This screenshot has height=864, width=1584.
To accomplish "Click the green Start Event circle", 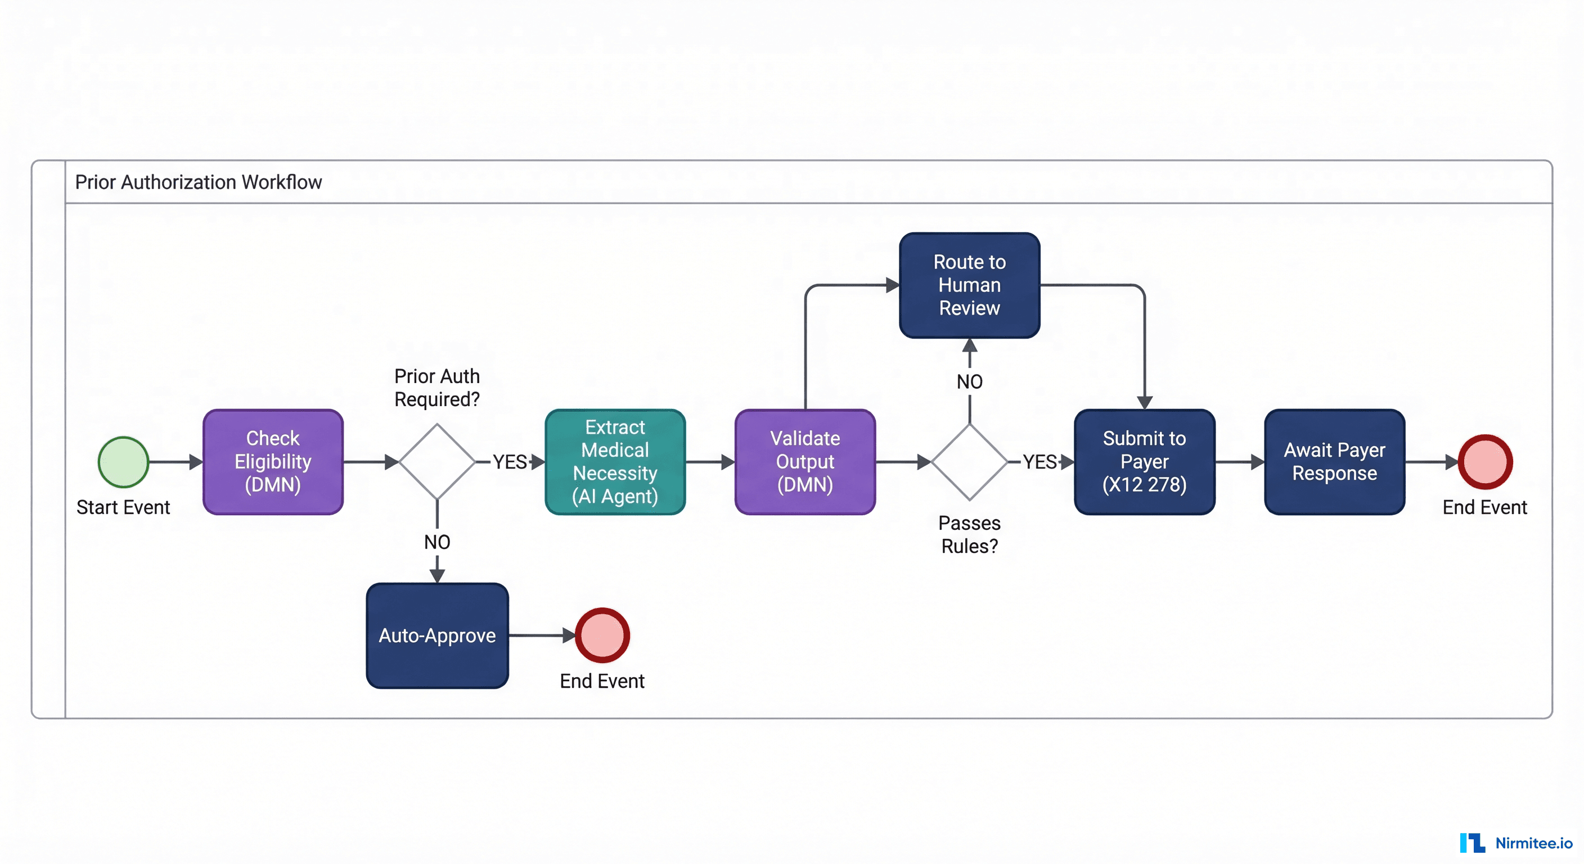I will [x=123, y=462].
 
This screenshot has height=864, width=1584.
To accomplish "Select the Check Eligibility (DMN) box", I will [x=273, y=462].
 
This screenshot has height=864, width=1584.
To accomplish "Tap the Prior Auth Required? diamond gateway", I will [x=436, y=462].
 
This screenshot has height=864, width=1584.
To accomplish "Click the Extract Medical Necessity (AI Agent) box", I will [x=615, y=462].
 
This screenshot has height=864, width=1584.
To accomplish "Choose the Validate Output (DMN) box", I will [x=805, y=462].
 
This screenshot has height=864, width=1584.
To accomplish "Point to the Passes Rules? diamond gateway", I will [x=969, y=462].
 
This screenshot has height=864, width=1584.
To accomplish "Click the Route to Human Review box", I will [x=969, y=285].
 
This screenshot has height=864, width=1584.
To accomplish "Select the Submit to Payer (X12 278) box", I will [x=1144, y=462].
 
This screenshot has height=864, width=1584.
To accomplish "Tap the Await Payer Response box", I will [x=1334, y=462].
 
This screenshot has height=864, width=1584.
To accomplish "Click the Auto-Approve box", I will [x=436, y=636].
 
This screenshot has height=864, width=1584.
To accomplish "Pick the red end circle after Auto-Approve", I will [x=602, y=636].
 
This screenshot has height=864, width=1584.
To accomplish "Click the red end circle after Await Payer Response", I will [x=1485, y=462].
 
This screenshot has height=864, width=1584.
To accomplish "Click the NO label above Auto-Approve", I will [x=436, y=542].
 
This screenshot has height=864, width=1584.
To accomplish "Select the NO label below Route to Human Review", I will [x=969, y=382].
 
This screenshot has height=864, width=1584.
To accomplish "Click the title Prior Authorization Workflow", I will [x=198, y=183].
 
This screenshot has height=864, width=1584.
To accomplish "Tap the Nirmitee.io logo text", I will [x=1533, y=843].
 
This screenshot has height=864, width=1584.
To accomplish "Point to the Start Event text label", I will [x=123, y=507].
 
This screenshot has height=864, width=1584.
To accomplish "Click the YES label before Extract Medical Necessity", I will [x=509, y=462].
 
